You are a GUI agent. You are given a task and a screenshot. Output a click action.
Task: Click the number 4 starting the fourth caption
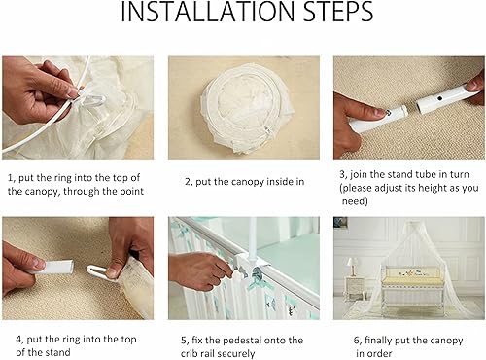click(x=10, y=339)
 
